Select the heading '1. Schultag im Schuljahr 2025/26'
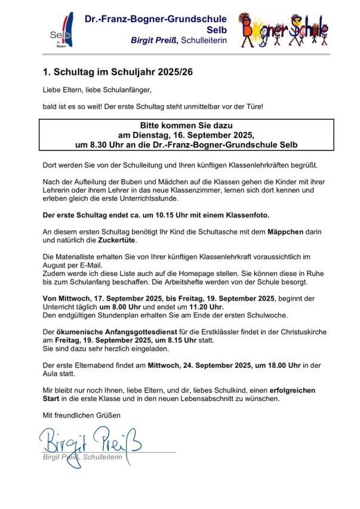tap(118, 72)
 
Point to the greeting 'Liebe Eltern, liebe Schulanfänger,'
tap(94, 90)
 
